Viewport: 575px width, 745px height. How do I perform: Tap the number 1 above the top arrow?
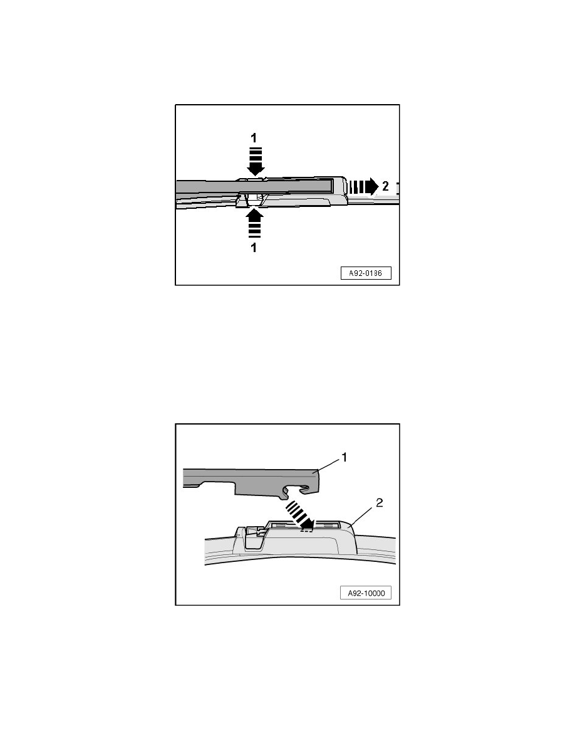[254, 138]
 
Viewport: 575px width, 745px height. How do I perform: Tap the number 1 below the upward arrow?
[254, 248]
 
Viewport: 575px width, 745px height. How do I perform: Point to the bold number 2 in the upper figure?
[385, 187]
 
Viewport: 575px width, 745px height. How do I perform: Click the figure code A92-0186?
[366, 273]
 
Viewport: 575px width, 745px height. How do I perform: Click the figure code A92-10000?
[366, 593]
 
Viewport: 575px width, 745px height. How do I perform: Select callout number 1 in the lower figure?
[344, 457]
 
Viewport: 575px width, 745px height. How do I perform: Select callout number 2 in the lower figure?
[379, 502]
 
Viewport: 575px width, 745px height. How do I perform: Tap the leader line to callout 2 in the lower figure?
[362, 515]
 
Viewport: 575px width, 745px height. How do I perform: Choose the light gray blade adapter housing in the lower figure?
[304, 539]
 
